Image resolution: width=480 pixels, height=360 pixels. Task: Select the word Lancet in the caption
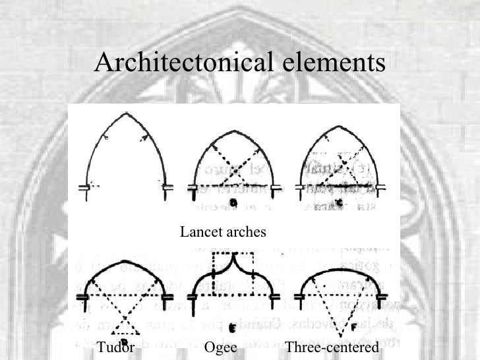(x=199, y=232)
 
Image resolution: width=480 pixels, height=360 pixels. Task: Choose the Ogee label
(x=220, y=347)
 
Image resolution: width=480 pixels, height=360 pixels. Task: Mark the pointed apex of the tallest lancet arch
(x=125, y=115)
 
